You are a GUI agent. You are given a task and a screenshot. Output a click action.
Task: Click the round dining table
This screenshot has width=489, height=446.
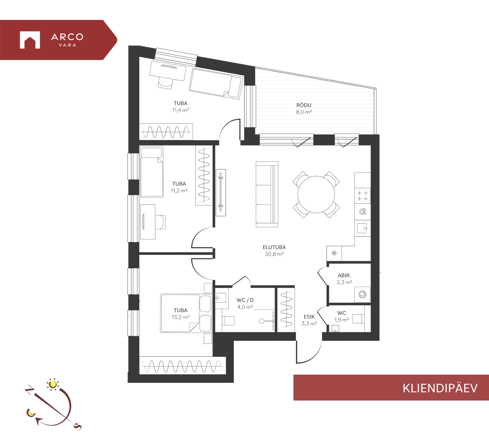(x=316, y=194)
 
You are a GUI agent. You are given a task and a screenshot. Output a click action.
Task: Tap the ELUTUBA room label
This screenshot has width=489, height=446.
(x=274, y=247)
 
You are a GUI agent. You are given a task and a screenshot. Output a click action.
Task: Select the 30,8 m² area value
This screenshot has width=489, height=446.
(x=274, y=254)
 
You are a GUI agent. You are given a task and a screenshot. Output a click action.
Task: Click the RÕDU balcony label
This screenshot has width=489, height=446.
(x=304, y=105)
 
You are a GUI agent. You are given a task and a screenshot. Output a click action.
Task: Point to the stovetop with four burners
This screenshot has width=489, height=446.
(x=362, y=196)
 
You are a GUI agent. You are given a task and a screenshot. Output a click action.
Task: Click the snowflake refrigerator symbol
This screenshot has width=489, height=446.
(x=334, y=253)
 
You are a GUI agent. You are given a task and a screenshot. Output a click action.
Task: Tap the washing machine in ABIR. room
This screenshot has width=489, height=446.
(x=362, y=294)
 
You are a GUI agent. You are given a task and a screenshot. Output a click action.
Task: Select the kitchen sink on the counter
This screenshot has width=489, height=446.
(x=362, y=228)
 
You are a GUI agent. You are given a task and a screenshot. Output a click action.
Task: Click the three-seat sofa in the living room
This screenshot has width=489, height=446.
(x=267, y=194)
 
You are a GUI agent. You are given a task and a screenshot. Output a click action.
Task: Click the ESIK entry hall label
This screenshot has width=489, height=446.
(x=309, y=317)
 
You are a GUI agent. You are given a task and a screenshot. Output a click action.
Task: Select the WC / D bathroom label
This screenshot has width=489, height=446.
(x=245, y=300)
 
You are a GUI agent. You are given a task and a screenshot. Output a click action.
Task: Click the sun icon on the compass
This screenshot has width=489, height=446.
(x=53, y=384)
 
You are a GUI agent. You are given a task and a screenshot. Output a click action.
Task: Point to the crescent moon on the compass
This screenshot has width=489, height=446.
(x=31, y=413)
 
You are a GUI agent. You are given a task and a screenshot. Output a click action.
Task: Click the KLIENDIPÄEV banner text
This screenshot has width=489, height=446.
(x=440, y=388)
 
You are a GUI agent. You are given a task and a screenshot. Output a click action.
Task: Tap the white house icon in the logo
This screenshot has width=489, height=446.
(x=30, y=40)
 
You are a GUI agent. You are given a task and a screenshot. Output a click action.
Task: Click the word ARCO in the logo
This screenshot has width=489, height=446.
(x=67, y=37)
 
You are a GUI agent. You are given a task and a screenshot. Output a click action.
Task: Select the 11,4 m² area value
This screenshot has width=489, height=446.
(x=180, y=110)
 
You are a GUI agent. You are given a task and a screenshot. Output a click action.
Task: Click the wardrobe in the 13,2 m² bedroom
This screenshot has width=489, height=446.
(x=183, y=366)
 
